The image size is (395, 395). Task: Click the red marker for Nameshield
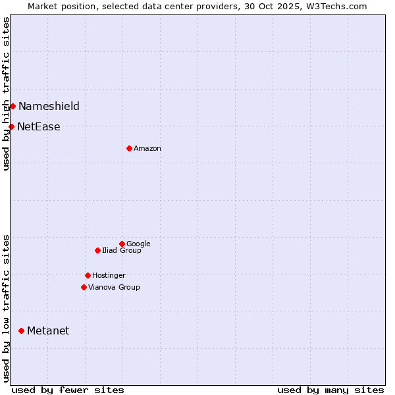[x=13, y=106]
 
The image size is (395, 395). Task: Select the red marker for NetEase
[x=11, y=126]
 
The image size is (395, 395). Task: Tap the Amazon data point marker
[x=129, y=148]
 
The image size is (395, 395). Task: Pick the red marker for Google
[x=122, y=244]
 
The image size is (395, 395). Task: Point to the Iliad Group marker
[x=97, y=250]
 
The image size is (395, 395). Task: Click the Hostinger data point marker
[x=88, y=275]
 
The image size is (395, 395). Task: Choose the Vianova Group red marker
[x=84, y=287]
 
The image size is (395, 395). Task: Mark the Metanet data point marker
[x=21, y=330]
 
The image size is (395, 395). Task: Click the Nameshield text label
[x=49, y=106]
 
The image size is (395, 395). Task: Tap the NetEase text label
[x=39, y=126]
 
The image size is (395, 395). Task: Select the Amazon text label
[x=147, y=149]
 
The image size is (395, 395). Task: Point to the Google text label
[x=138, y=244]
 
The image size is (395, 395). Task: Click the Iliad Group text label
[x=122, y=250]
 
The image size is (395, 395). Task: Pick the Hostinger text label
[x=109, y=275]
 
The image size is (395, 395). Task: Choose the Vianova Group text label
[x=114, y=287]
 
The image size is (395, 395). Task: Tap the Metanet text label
[x=48, y=330]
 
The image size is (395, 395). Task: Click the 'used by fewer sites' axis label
[x=68, y=390]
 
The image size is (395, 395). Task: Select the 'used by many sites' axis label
[x=330, y=390]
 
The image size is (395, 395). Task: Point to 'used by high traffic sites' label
[x=6, y=93]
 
